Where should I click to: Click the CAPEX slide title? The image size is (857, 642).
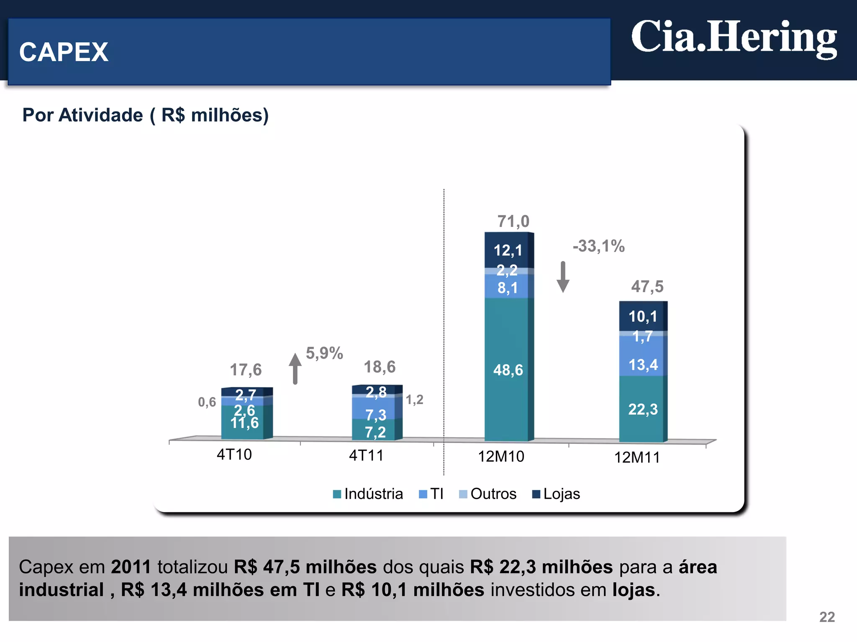[64, 52]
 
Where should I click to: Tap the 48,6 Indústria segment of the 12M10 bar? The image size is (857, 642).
[508, 370]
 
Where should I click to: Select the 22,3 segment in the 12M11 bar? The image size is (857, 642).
[642, 409]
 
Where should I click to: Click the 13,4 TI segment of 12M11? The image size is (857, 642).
[643, 364]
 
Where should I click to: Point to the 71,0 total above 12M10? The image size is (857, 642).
[513, 221]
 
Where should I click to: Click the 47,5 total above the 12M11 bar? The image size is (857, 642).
[647, 286]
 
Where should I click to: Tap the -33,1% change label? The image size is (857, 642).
[598, 246]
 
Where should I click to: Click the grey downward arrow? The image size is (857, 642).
[563, 277]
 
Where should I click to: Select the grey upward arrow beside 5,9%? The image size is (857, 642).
[295, 368]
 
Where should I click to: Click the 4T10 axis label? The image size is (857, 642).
[234, 454]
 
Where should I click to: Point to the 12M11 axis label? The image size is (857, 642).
[636, 457]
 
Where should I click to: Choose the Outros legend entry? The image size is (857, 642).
[488, 494]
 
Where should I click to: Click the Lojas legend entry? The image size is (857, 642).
[556, 494]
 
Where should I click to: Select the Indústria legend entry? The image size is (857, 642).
[368, 494]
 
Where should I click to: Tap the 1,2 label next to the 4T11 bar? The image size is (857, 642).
[414, 400]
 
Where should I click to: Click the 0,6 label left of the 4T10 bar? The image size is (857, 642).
[207, 402]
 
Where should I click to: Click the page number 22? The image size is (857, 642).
[826, 617]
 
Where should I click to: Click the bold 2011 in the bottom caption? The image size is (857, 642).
[131, 567]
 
